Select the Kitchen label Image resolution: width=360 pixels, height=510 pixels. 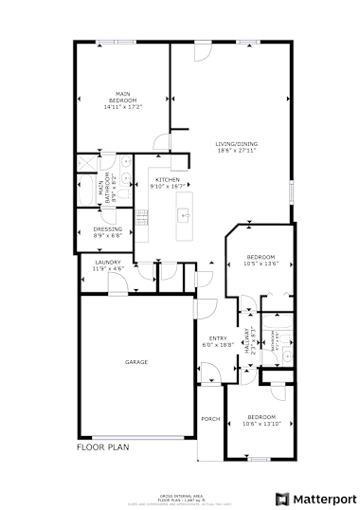tap(168, 179)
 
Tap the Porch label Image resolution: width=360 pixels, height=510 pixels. tap(210, 418)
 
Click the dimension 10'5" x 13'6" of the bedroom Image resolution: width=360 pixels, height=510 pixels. tap(261, 263)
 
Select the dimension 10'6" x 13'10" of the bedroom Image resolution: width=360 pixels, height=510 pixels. tap(261, 423)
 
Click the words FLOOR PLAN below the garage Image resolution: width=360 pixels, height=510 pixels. tap(102, 446)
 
